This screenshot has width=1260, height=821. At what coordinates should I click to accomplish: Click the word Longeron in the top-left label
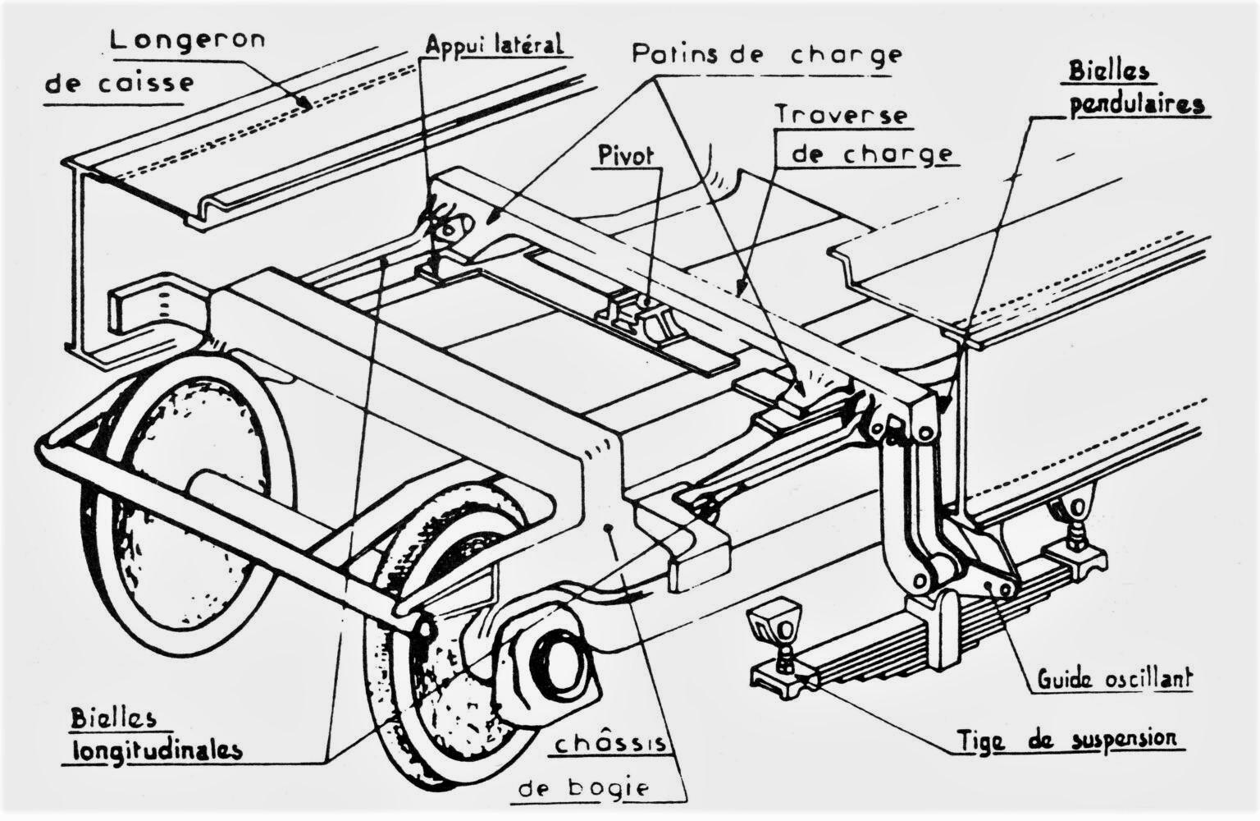point(187,40)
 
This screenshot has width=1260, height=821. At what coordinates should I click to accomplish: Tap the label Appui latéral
point(495,44)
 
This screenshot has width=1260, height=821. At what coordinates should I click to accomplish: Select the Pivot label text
point(626,155)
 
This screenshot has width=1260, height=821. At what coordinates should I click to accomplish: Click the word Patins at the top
point(675,54)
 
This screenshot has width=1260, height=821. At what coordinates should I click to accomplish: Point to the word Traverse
point(842,115)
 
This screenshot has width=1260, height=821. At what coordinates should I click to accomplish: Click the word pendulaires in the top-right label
point(1137,105)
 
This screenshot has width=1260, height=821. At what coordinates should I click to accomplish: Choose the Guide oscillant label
point(1114,678)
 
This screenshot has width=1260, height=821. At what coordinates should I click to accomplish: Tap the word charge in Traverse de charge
point(897,154)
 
